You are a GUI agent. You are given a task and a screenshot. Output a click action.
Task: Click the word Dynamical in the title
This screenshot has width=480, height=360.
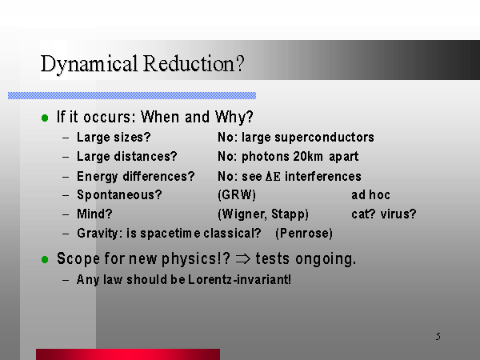coord(89,65)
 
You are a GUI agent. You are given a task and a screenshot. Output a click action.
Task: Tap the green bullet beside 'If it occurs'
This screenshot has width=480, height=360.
coord(45,118)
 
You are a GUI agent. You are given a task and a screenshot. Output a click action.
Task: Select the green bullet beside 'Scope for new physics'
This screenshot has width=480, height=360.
coord(45,259)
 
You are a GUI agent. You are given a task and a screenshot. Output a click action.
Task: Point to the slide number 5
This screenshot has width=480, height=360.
coord(438,337)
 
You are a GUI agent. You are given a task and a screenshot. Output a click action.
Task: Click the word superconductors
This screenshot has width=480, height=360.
coord(324,138)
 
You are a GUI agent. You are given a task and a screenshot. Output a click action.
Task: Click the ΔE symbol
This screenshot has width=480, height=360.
coord(273,177)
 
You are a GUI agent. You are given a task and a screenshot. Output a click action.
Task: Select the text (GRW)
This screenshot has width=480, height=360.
coord(237,195)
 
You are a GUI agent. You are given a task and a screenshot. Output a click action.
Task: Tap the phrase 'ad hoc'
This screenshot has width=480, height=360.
coord(370,194)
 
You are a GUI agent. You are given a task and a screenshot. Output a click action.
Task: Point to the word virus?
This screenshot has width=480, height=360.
coord(398,214)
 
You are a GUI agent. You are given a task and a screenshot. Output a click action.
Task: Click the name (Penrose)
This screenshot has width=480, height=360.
coord(304,234)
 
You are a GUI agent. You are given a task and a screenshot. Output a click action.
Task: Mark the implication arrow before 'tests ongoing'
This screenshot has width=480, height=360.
coord(243,259)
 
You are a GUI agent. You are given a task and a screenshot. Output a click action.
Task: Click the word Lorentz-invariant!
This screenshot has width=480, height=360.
coord(239,279)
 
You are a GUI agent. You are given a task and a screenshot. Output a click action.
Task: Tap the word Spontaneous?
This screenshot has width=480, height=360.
coord(119,195)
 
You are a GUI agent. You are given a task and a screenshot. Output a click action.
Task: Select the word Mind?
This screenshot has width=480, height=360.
coord(94,214)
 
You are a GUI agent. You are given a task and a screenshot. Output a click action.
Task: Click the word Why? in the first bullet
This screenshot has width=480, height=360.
coord(234,117)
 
